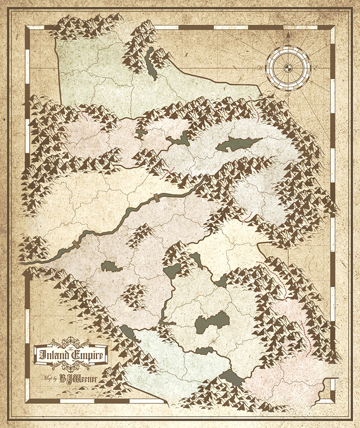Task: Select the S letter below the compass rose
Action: tap(286, 96)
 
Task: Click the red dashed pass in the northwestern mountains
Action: tap(84, 115)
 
